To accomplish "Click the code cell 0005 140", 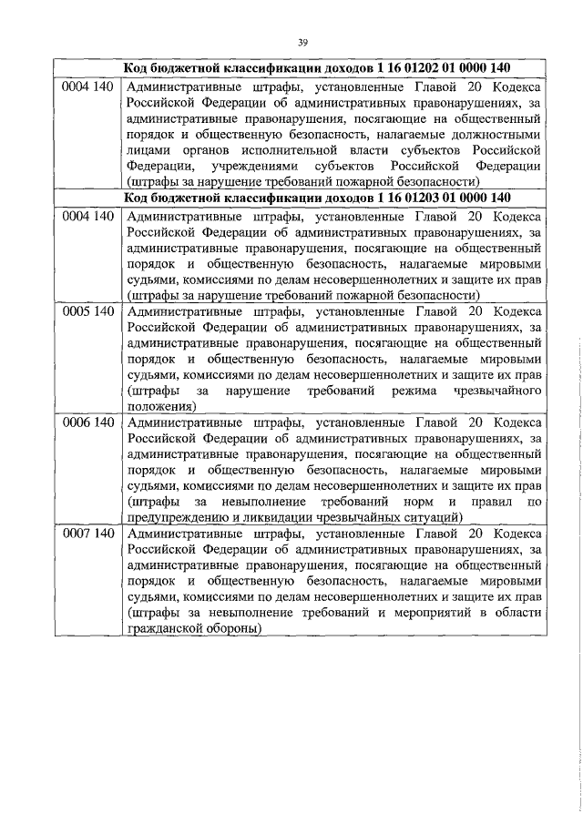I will (87, 311).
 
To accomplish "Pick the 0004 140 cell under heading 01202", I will (87, 87).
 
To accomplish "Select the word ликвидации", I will (270, 516).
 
